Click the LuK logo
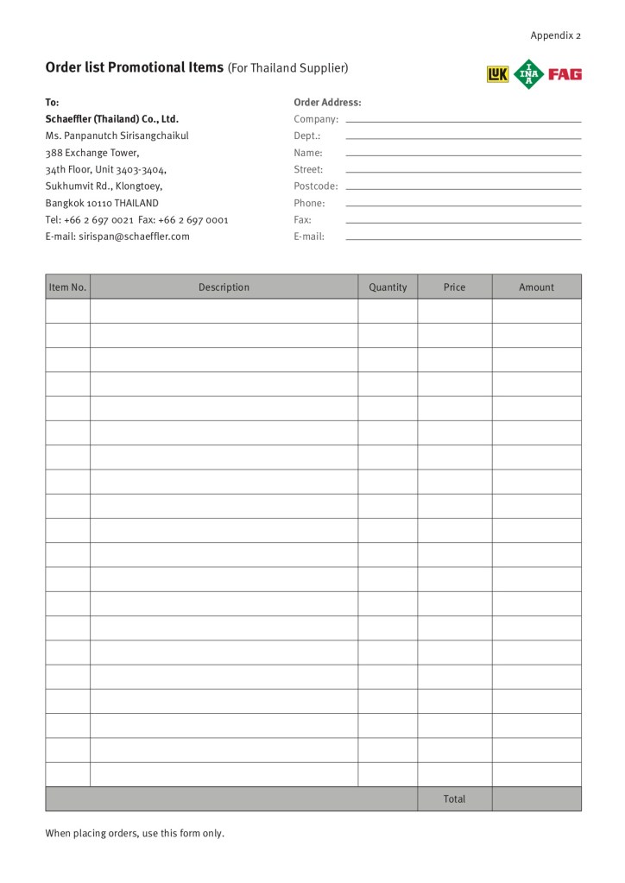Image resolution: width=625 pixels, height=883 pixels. tap(497, 74)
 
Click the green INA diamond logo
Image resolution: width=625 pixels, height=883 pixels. tap(529, 74)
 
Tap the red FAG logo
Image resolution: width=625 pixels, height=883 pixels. tap(565, 74)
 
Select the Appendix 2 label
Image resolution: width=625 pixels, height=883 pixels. tap(555, 35)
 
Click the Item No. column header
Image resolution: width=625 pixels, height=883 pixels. tap(67, 287)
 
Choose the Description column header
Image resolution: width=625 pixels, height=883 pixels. tap(224, 287)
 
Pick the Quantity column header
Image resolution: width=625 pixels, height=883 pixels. tap(388, 287)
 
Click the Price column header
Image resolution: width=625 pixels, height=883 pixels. tap(454, 287)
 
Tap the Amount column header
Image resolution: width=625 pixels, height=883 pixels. tap(536, 287)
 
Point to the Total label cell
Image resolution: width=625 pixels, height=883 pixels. tap(454, 799)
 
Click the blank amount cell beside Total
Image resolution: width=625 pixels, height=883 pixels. tap(536, 799)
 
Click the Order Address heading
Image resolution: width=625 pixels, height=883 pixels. tap(327, 103)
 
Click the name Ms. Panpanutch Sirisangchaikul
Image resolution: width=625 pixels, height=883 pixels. tap(117, 136)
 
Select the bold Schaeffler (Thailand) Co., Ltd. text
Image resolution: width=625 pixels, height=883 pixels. tap(111, 119)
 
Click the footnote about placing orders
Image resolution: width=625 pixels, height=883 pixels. tap(135, 834)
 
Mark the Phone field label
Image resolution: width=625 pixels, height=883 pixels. tap(309, 204)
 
